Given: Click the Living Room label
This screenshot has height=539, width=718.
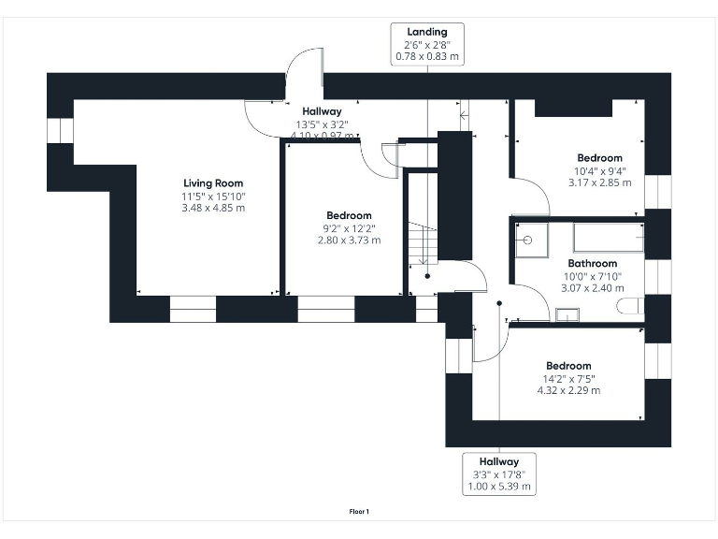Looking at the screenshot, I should (x=213, y=183).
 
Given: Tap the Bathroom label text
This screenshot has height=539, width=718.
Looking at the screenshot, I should (x=593, y=264).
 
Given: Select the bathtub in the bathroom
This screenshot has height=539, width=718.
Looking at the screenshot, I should (x=607, y=238).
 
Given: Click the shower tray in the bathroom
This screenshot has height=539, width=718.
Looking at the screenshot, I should (x=529, y=239).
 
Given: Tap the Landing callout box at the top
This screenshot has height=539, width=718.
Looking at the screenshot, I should (x=427, y=45).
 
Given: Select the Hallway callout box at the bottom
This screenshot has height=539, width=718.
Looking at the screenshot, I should (x=499, y=473).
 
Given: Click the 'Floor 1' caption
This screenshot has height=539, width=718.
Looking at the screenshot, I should (x=359, y=511).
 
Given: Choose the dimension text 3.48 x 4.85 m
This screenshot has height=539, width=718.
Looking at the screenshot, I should (x=213, y=208).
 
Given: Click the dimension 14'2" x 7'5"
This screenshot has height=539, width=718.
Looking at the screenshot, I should (x=569, y=378).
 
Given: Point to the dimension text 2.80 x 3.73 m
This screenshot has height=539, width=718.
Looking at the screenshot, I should (x=349, y=240).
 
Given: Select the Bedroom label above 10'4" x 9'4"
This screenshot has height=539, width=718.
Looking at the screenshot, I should (x=599, y=158).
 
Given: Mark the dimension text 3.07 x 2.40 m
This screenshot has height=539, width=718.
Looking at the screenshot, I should (x=593, y=288).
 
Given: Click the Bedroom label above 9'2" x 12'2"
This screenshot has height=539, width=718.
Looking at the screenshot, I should (x=349, y=215).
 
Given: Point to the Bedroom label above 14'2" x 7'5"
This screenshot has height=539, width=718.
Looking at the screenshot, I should (x=569, y=366).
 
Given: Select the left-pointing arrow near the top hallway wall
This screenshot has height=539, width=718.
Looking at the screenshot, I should (x=465, y=115).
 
